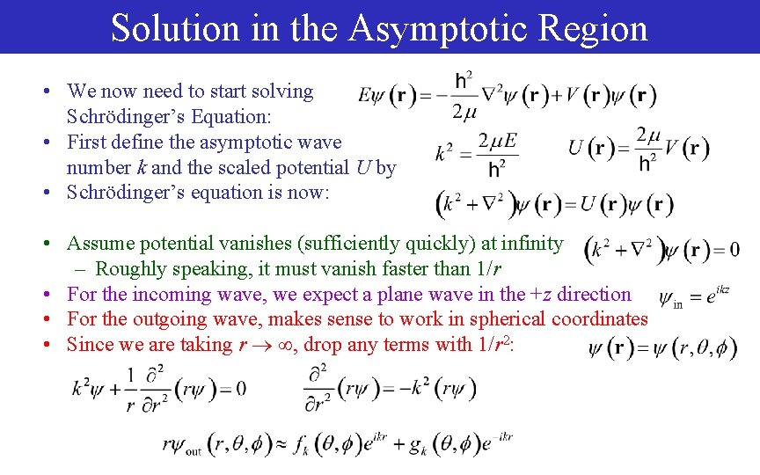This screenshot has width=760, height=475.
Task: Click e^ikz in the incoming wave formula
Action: pos(715,296)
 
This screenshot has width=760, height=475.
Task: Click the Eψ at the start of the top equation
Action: pos(372,95)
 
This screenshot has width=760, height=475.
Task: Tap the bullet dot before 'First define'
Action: pos(55,142)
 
